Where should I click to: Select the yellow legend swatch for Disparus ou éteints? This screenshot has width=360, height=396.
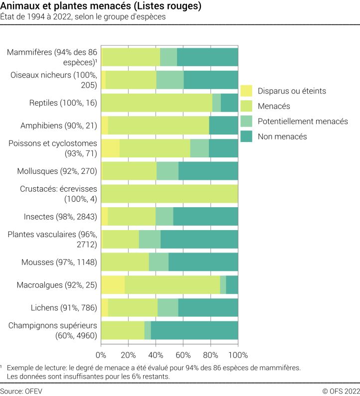pyautogui.click(x=246, y=91)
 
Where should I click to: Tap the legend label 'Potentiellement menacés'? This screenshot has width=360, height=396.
pyautogui.click(x=303, y=121)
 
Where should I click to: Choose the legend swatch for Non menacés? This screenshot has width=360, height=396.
pyautogui.click(x=246, y=136)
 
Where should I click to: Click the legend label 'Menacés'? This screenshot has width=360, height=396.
pyautogui.click(x=274, y=106)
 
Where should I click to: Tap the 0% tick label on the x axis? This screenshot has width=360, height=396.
pyautogui.click(x=101, y=355)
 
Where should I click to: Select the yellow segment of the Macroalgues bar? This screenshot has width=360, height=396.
pyautogui.click(x=113, y=284)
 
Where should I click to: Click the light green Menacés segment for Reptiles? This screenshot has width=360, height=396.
pyautogui.click(x=157, y=103)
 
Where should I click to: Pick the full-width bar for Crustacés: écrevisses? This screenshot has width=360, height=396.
pyautogui.click(x=170, y=194)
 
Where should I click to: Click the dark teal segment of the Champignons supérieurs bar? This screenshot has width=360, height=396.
pyautogui.click(x=194, y=330)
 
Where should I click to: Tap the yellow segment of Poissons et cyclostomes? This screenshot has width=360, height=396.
pyautogui.click(x=110, y=148)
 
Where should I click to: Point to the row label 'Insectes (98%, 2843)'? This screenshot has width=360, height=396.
pyautogui.click(x=60, y=216)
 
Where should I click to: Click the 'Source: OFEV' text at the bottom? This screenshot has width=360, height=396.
pyautogui.click(x=21, y=391)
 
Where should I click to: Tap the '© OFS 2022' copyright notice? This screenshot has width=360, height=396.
pyautogui.click(x=341, y=391)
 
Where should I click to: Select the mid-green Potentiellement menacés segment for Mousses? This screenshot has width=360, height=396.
pyautogui.click(x=159, y=262)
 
